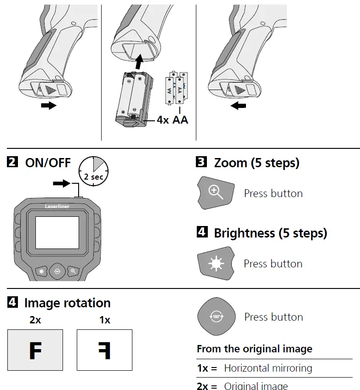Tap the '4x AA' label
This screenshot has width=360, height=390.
click(x=172, y=120)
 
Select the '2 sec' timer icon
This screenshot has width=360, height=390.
click(x=93, y=171)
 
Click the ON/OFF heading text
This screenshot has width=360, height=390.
click(x=48, y=163)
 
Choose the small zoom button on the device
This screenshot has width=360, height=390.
click(x=73, y=271)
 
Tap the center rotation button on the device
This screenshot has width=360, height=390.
click(x=57, y=271)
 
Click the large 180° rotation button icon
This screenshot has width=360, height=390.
click(x=216, y=317)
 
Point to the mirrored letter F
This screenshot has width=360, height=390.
click(x=104, y=350)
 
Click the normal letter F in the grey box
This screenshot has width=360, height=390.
click(x=35, y=350)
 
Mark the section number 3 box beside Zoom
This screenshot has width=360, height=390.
click(x=201, y=162)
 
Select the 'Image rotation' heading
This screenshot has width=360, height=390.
click(x=67, y=303)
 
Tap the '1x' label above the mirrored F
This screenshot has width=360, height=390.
click(x=105, y=320)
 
